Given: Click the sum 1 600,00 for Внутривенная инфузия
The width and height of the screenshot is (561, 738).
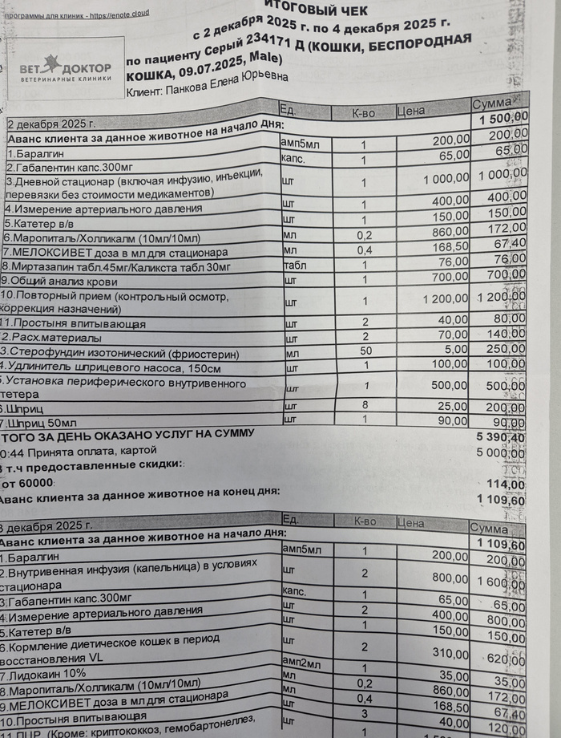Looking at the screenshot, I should click(500, 582).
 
